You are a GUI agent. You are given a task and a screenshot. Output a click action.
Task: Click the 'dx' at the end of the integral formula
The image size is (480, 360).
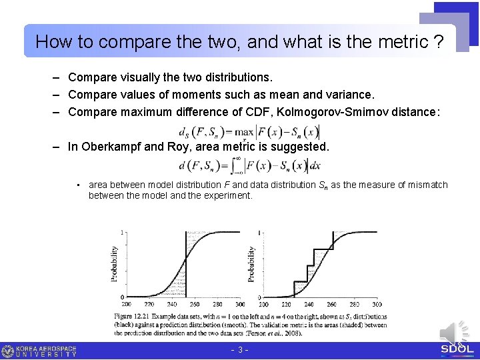(315, 165)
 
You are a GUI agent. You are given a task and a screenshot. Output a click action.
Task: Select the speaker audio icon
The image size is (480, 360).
(453, 332)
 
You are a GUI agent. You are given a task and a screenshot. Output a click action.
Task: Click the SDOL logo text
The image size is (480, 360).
(457, 349)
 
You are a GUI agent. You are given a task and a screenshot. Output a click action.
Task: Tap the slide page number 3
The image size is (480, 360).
(239, 350)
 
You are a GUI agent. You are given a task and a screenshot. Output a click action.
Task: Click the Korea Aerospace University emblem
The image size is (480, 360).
(8, 351)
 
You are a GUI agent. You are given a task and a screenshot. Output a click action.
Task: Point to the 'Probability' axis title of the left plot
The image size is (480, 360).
(114, 264)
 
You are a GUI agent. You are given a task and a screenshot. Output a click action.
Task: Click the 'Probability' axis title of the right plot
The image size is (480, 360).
(251, 264)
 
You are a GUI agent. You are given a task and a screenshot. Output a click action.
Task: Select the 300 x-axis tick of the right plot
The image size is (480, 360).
(376, 304)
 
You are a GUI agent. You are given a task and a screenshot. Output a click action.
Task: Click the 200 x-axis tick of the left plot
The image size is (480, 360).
(121, 304)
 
